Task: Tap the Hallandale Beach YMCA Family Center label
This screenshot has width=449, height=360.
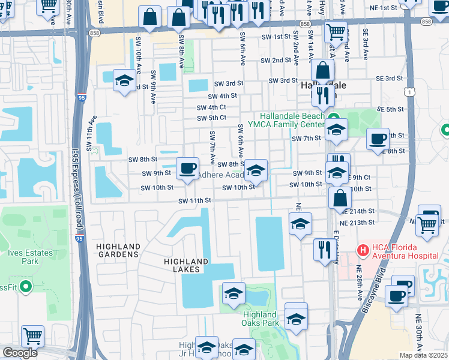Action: (x=292, y=121)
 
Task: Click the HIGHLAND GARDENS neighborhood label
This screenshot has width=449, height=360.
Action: (x=118, y=250)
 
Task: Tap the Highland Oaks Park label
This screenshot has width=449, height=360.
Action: (x=261, y=319)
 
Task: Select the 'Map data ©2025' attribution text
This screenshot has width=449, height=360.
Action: (x=423, y=355)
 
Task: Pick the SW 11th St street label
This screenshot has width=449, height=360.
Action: (x=194, y=200)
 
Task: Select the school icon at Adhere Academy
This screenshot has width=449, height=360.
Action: (x=256, y=170)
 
